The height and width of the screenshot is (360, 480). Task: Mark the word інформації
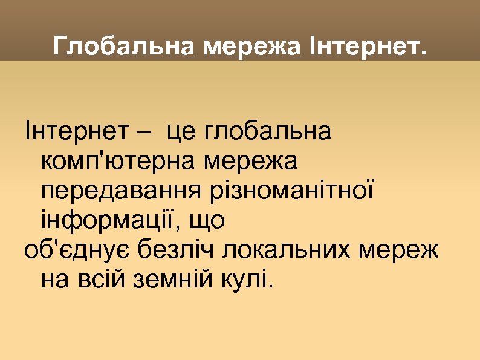click(109, 221)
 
